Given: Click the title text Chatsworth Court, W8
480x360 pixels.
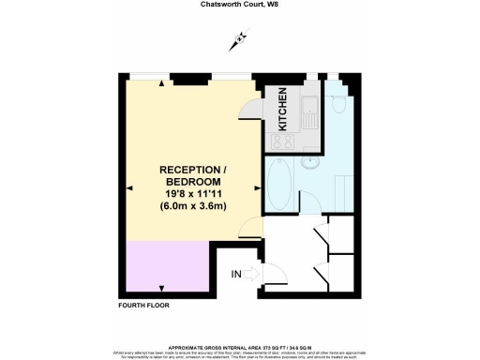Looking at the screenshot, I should [240, 4].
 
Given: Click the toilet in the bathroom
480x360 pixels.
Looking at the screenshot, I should [338, 107].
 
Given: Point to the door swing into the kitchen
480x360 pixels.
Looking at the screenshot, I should [251, 108].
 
